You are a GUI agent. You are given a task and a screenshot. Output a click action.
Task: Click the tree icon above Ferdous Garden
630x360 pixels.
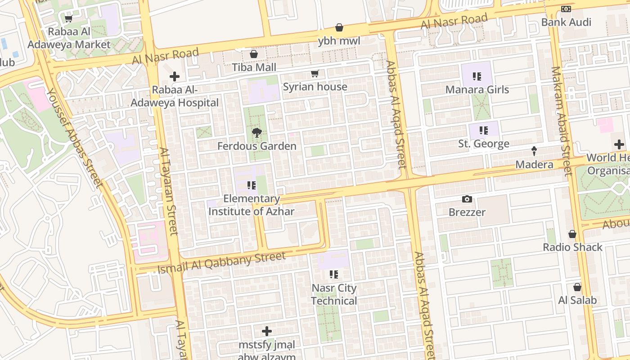click(x=257, y=132)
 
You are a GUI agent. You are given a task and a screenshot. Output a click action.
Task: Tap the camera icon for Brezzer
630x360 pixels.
click(x=467, y=199)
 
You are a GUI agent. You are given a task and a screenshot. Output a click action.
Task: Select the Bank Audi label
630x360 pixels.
click(x=566, y=22)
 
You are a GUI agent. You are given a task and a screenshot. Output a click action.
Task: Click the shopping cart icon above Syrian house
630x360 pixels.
click(x=315, y=73)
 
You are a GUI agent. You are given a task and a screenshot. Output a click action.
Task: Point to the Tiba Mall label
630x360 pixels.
click(x=254, y=67)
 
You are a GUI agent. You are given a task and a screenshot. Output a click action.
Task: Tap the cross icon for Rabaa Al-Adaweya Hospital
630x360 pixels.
click(x=175, y=76)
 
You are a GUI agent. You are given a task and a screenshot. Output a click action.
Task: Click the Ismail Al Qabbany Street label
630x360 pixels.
click(x=221, y=262)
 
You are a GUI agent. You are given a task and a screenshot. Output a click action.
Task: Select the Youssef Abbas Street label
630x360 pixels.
click(x=74, y=137)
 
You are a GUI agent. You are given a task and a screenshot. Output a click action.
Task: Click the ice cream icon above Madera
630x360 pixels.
click(x=534, y=151)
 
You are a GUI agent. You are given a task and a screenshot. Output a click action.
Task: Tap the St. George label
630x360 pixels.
click(x=484, y=144)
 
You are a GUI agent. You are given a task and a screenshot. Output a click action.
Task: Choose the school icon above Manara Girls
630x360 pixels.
click(x=477, y=76)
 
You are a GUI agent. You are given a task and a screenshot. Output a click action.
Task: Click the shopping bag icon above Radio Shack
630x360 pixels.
click(x=572, y=234)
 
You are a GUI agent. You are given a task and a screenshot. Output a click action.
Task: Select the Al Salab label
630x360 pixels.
click(x=577, y=300)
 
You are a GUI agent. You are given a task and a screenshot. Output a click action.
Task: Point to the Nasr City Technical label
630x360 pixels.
click(x=334, y=294)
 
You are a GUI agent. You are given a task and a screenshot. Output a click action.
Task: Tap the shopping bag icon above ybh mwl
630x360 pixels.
click(x=339, y=28)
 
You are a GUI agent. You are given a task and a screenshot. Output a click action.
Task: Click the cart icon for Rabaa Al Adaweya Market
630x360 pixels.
click(x=69, y=18)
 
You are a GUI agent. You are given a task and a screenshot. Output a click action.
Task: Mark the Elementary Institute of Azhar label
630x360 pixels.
click(x=252, y=205)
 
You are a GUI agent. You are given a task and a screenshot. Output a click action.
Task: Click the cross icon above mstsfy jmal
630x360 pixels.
click(x=267, y=332)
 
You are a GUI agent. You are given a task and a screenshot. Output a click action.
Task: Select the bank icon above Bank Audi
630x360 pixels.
click(x=566, y=9)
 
